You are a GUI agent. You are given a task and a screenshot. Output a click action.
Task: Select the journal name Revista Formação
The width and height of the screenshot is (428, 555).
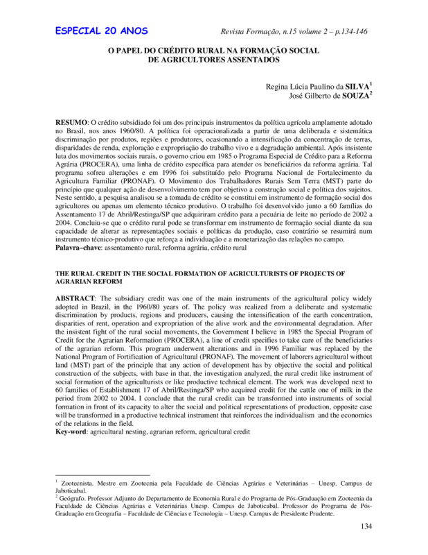click(x=253, y=32)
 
